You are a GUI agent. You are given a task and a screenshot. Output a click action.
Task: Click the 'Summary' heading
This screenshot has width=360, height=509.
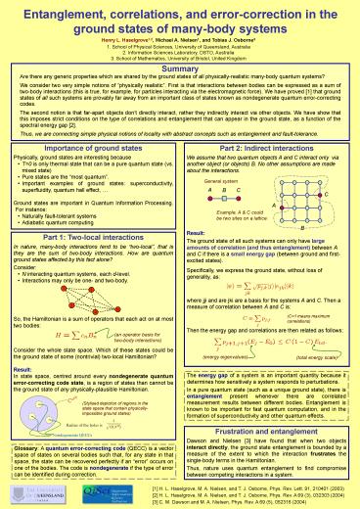[180, 70]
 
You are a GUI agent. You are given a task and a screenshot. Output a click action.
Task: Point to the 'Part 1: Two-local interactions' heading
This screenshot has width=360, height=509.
[90, 238]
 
